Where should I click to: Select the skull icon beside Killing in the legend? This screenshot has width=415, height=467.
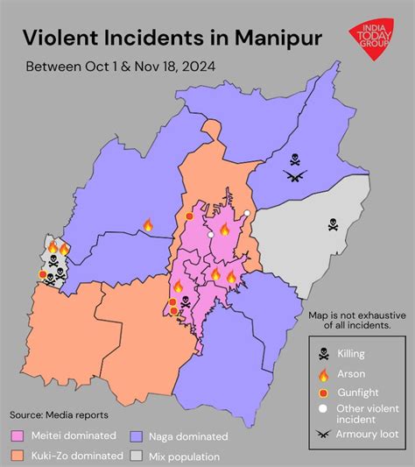(x=324, y=354)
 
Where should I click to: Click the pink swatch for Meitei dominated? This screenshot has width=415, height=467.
(x=18, y=435)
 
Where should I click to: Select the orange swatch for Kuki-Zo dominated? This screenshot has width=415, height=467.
(x=18, y=456)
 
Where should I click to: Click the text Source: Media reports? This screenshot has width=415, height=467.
(x=59, y=414)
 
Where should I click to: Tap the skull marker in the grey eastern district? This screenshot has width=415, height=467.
(x=333, y=224)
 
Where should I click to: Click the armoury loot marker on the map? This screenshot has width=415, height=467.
(x=296, y=175)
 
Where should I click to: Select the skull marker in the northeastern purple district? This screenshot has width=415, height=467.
(x=296, y=159)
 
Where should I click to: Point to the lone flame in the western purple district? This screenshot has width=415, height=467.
(x=147, y=225)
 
